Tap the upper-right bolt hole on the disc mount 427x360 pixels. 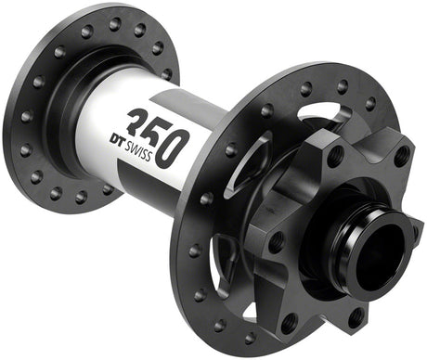401,157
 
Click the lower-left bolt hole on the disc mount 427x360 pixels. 289,320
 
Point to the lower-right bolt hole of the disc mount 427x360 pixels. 358,317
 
